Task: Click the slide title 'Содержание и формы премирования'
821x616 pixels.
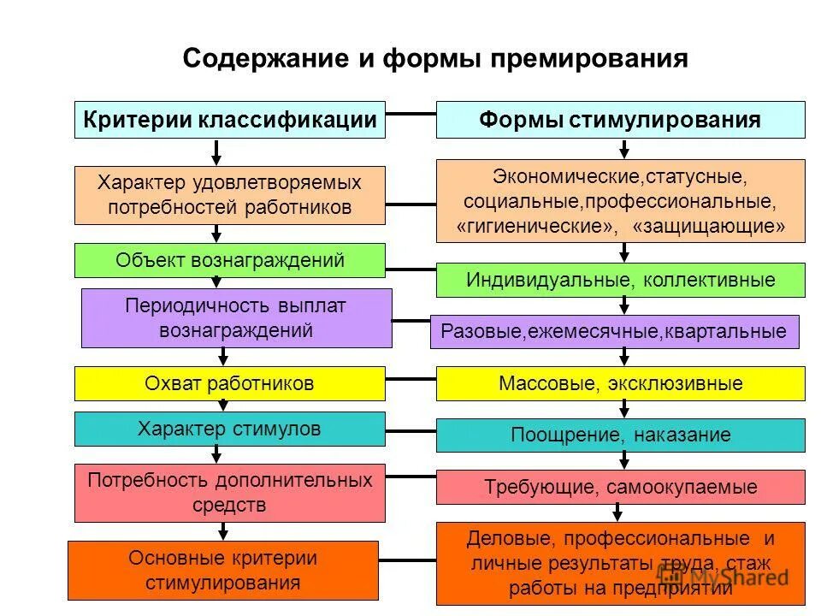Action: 435,58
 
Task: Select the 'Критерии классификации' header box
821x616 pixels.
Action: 230,120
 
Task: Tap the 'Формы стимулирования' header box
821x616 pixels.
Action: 620,120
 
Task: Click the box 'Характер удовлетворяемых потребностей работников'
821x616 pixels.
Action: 230,194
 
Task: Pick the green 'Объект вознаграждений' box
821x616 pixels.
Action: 230,260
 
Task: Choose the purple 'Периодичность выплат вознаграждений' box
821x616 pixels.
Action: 236,317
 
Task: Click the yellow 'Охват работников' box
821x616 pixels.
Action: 230,383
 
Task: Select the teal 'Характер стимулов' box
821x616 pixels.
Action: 230,429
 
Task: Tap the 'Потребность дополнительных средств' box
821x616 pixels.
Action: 230,492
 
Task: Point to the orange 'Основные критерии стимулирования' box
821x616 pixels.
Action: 222,571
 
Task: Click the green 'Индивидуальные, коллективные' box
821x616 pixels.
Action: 620,280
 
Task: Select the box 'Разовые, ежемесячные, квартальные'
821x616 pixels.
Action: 614,332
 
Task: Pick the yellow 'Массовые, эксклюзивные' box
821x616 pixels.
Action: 620,383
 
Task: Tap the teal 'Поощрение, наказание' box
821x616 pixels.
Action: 620,435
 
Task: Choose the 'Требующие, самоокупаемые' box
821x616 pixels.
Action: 620,487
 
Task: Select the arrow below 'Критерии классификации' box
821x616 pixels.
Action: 217,152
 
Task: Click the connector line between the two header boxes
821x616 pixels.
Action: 410,113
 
